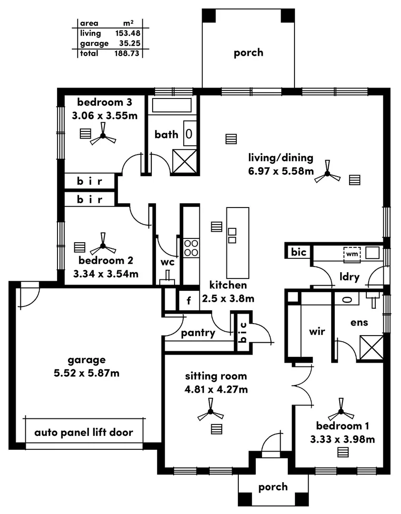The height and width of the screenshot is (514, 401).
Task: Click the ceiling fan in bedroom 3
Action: pos(103,136)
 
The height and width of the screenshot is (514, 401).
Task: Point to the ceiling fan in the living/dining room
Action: pos(327,175)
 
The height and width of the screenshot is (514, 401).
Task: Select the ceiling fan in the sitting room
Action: pos(210,414)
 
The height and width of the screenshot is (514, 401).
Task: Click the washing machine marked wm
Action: pos(352,254)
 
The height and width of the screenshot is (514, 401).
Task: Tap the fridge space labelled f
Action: pos(188,301)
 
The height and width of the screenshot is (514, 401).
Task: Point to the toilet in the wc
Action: pos(167,278)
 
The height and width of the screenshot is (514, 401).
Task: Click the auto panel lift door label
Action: pos(84,433)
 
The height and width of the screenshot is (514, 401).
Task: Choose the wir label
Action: pos(317,331)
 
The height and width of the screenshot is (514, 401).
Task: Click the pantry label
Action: pos(198,333)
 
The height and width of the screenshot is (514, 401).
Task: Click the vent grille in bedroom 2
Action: pos(80,247)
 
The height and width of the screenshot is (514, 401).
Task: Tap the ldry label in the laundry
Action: pos(349,277)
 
